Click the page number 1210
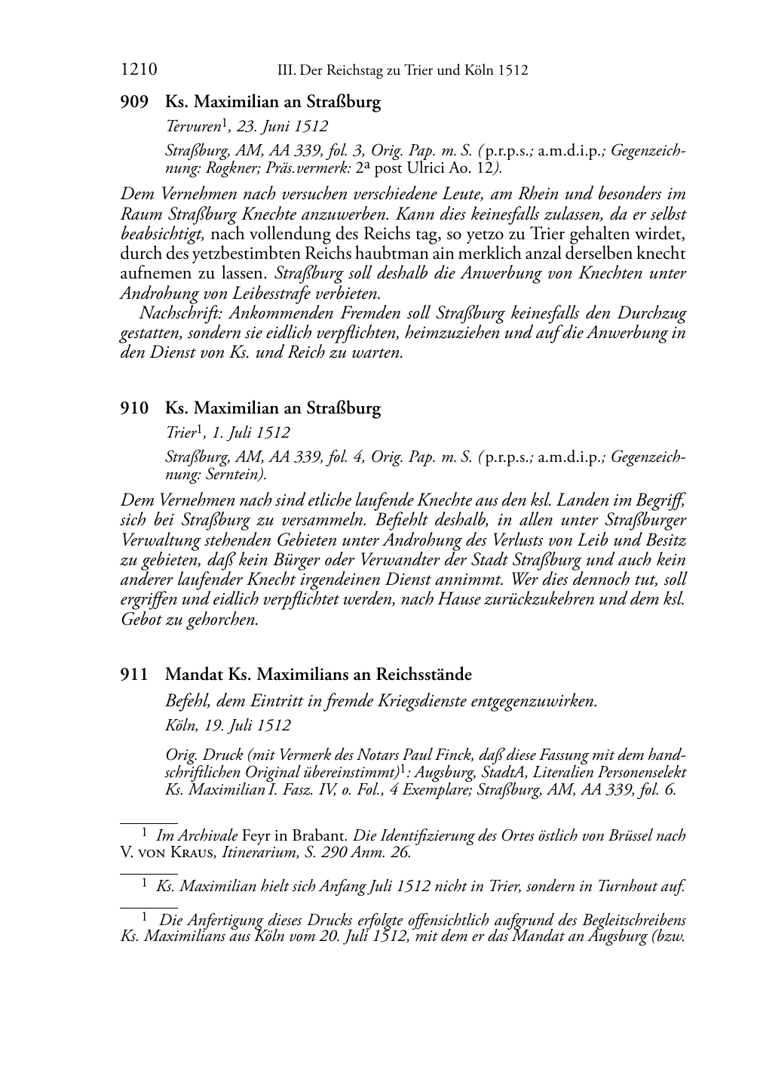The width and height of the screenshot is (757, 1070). (139, 71)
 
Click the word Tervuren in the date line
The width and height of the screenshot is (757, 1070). (192, 127)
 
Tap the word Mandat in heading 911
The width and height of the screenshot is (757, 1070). (194, 674)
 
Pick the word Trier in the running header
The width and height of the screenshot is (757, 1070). (406, 71)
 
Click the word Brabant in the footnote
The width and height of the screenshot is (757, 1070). (314, 836)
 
